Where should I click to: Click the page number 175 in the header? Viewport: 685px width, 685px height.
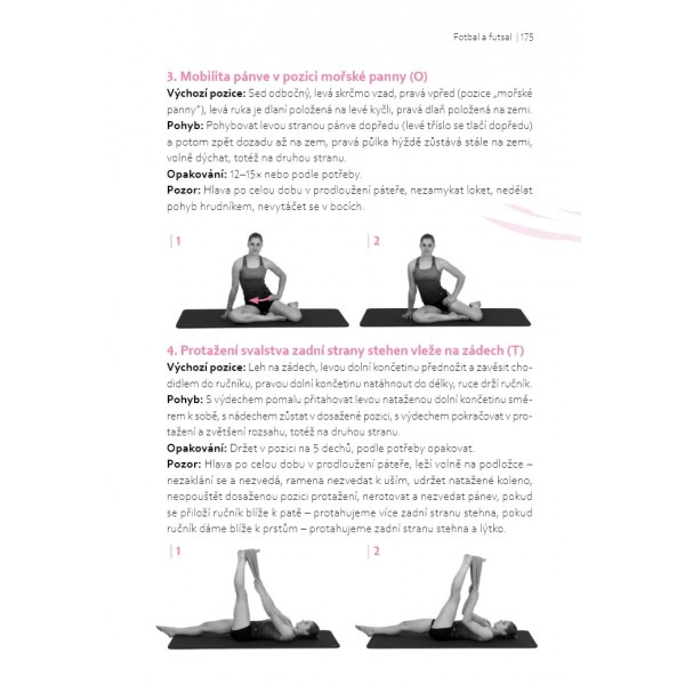click(527, 37)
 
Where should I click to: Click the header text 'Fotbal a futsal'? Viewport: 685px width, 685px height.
click(482, 37)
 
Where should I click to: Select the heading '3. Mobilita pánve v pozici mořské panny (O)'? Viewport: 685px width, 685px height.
click(297, 77)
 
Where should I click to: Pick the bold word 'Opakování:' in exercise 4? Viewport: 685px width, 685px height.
click(196, 448)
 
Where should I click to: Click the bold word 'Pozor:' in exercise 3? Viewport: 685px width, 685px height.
click(184, 190)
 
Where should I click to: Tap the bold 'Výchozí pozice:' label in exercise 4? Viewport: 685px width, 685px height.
click(206, 368)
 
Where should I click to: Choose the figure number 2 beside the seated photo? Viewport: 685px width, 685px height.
click(377, 241)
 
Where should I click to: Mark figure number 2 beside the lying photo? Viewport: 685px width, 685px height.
click(377, 551)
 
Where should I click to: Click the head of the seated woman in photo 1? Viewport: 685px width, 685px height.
click(254, 244)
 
